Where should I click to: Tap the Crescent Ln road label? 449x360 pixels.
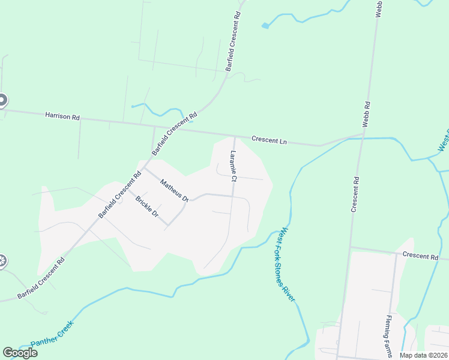click(270, 140)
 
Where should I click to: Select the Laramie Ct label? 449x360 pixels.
click(234, 166)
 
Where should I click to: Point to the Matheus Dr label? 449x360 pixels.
click(174, 190)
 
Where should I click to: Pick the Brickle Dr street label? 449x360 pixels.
click(146, 206)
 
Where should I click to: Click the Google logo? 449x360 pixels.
click(20, 353)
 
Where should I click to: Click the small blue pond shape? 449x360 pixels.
click(265, 26)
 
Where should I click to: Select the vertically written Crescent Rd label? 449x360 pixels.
click(355, 193)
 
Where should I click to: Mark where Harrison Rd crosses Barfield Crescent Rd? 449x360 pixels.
click(155, 127)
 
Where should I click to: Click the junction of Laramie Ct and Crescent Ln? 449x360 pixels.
click(234, 136)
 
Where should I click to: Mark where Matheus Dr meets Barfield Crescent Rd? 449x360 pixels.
click(143, 167)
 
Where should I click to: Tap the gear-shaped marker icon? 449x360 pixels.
click(2, 261)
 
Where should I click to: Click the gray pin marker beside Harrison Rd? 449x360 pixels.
click(2, 101)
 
